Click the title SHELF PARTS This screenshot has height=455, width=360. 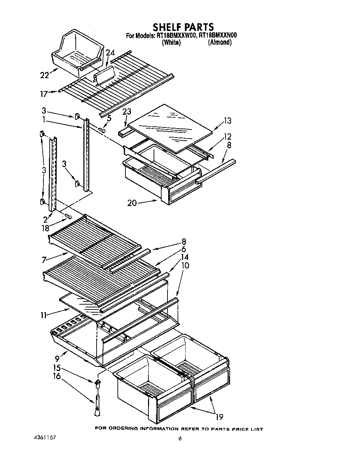click(183, 27)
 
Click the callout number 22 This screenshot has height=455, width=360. click(44, 75)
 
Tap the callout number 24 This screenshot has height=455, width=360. click(110, 53)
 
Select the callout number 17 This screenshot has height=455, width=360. click(44, 93)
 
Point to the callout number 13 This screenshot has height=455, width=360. click(227, 121)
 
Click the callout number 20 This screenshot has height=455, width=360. click(132, 202)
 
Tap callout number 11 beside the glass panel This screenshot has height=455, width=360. click(44, 315)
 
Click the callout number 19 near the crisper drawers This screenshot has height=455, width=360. click(219, 417)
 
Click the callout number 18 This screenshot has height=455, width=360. click(45, 229)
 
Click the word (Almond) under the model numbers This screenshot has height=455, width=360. click(220, 42)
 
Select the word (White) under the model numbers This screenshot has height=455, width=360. click(171, 42)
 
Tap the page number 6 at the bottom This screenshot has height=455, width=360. click(180, 438)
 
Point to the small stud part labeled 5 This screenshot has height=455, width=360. click(102, 130)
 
